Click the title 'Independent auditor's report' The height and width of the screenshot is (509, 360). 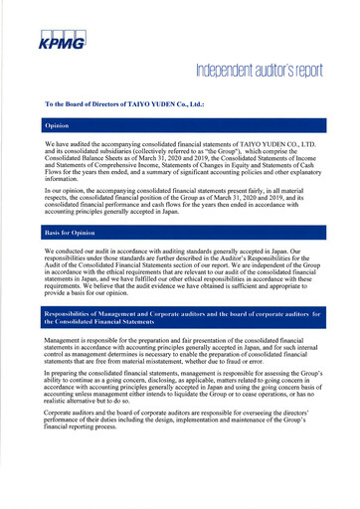[260, 73]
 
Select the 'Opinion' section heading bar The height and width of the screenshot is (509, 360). [179, 127]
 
